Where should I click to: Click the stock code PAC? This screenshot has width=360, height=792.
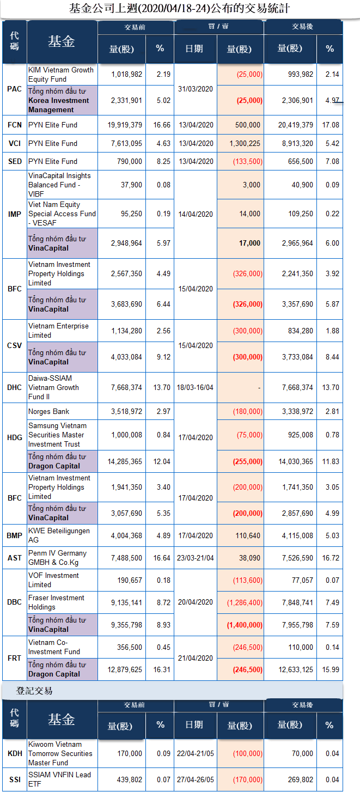tap(15, 89)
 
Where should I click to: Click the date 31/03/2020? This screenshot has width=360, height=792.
tap(196, 89)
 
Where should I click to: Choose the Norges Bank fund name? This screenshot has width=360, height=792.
tap(49, 411)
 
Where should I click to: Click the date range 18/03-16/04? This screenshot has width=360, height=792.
tap(195, 387)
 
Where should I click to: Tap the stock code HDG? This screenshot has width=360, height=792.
tap(15, 438)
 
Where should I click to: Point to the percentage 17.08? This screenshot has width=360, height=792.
tap(330, 125)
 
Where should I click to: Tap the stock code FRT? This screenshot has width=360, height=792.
tap(15, 658)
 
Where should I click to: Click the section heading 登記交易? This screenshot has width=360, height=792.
tap(34, 691)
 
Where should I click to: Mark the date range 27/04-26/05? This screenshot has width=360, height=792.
tap(196, 779)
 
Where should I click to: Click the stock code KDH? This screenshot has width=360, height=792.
tap(15, 753)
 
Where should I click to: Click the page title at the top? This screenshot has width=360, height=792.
tap(180, 9)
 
